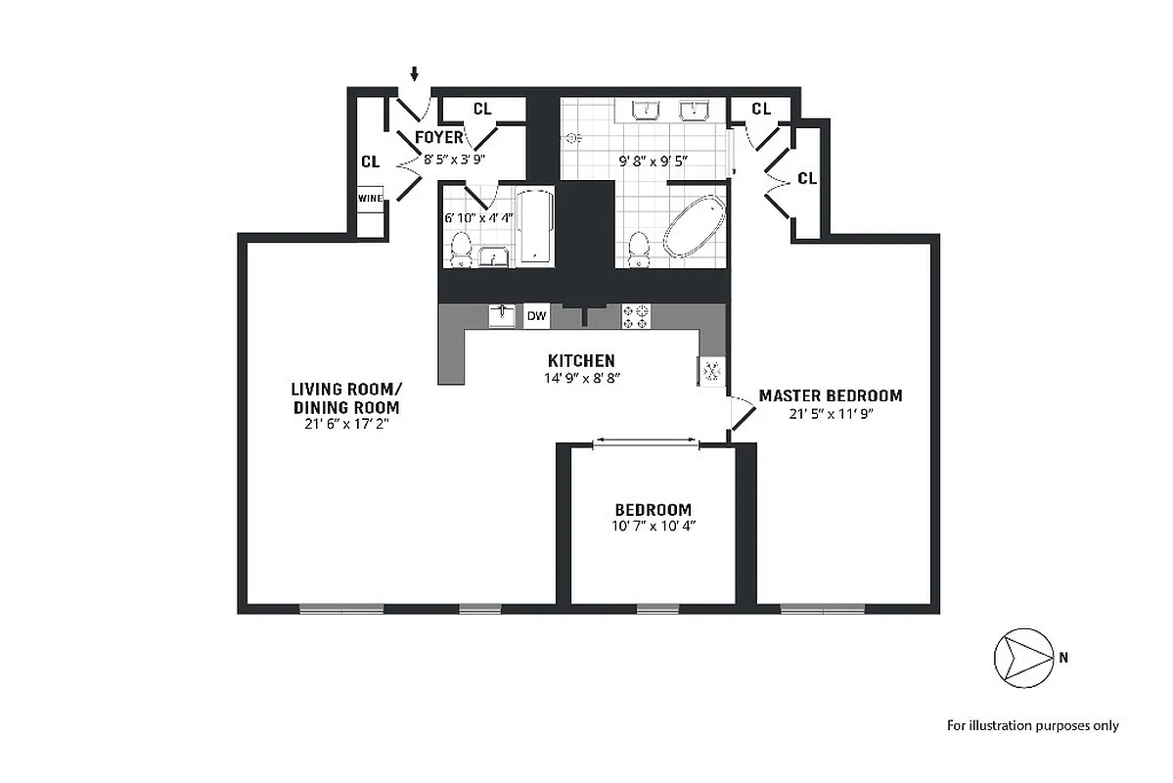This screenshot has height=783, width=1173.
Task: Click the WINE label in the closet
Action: tap(370, 198)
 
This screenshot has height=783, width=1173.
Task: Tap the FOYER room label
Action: tap(439, 137)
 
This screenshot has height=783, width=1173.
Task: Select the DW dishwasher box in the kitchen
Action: tap(536, 315)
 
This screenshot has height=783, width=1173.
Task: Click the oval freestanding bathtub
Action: tap(695, 227)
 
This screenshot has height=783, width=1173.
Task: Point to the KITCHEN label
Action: tap(581, 361)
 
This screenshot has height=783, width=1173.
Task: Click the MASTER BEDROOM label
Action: tap(831, 395)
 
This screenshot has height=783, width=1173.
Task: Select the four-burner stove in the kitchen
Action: tap(635, 315)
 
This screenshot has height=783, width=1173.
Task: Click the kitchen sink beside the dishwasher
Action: tap(502, 315)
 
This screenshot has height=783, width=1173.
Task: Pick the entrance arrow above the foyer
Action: tap(415, 73)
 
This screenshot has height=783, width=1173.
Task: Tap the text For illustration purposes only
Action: tap(1032, 725)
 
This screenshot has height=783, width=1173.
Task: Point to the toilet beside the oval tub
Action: tap(638, 249)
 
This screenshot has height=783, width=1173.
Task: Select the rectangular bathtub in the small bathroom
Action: tap(534, 227)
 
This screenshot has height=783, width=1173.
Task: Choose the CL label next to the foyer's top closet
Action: tap(481, 109)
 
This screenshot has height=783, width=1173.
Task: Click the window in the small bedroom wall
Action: tap(657, 609)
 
